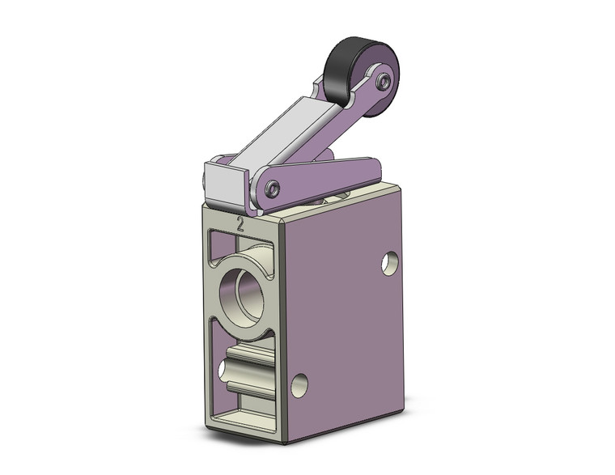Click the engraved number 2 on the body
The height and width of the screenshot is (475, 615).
tap(240, 224)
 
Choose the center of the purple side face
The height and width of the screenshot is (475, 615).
tap(344, 316)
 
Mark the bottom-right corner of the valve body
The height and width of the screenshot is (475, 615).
tap(402, 409)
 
